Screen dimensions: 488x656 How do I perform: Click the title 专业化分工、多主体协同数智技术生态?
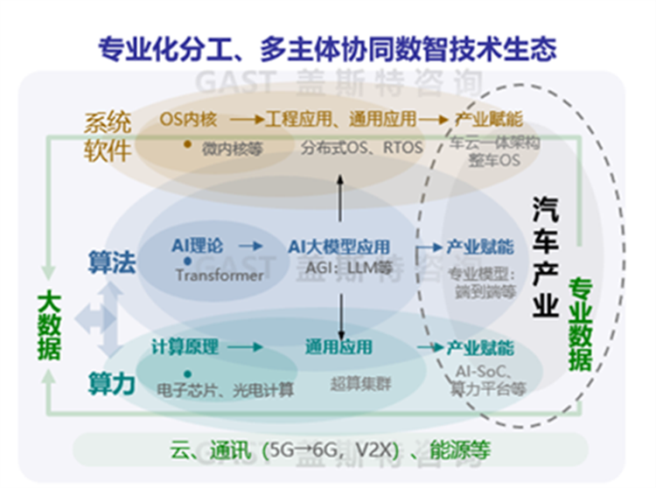tap(327, 47)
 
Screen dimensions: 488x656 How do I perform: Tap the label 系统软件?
tap(108, 136)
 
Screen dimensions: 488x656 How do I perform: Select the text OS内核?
tap(188, 119)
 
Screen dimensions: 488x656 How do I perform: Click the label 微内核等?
tap(233, 148)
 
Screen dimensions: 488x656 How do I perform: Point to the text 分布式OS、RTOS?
tap(361, 148)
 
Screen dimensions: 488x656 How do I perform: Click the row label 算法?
tap(112, 262)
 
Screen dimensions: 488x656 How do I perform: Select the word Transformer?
tap(219, 275)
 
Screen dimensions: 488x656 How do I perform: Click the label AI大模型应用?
tap(339, 247)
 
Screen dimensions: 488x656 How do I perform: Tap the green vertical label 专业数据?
tap(580, 324)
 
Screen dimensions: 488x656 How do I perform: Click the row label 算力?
tap(112, 382)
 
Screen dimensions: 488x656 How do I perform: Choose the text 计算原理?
tap(184, 347)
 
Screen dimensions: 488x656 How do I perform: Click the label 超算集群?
tap(337, 382)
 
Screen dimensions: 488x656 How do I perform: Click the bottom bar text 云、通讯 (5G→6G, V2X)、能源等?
tap(329, 451)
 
